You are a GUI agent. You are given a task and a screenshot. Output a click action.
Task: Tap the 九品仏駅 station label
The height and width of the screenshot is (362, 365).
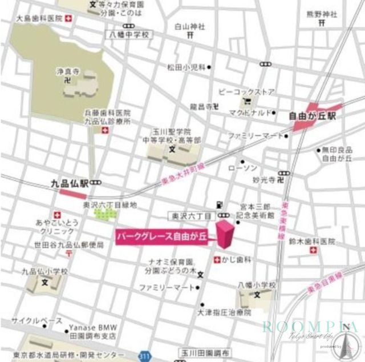click(69, 184)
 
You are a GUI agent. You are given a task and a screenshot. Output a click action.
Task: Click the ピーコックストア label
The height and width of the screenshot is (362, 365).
click(246, 92)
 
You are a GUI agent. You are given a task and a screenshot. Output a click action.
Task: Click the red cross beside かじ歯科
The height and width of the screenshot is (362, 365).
click(217, 260)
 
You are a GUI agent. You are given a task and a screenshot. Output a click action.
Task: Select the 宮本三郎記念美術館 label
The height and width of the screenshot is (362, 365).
click(255, 212)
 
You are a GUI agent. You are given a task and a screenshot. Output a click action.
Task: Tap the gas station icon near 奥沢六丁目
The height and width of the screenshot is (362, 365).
click(218, 204)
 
